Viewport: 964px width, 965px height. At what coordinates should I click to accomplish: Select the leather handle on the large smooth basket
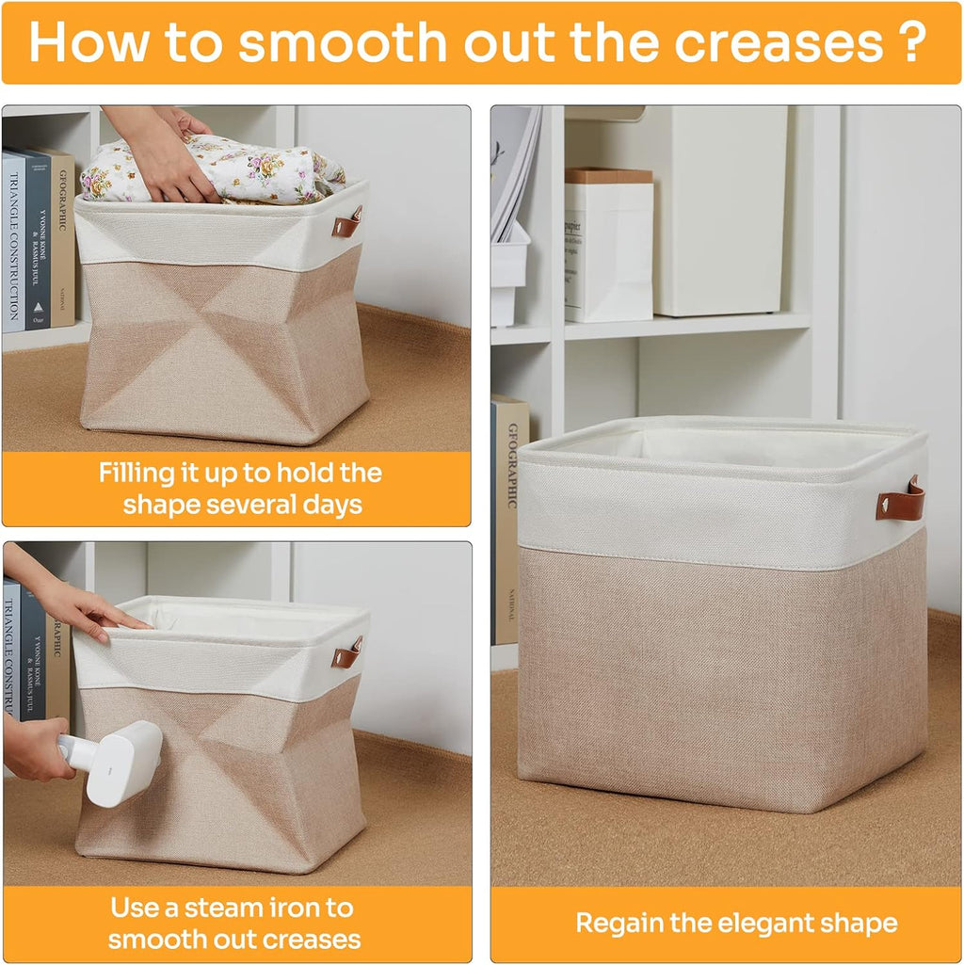(900, 498)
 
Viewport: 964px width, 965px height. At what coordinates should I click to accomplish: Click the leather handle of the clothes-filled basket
(346, 223)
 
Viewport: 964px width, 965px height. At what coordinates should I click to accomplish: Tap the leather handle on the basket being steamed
(346, 653)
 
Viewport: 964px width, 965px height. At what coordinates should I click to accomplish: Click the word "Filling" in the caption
(136, 474)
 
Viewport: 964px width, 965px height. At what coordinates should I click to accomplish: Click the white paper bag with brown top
(608, 245)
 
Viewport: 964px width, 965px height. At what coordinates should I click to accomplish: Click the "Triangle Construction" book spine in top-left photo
(13, 243)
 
